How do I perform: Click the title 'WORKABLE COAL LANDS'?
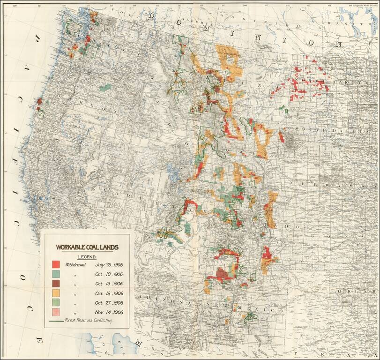click(87, 247)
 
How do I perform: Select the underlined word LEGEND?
click(87, 257)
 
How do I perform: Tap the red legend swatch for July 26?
click(56, 264)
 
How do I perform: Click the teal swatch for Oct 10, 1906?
click(56, 274)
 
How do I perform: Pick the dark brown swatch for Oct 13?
click(56, 284)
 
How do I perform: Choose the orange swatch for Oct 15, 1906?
click(56, 293)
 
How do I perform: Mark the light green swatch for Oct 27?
click(56, 302)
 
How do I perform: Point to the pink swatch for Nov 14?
click(56, 312)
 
